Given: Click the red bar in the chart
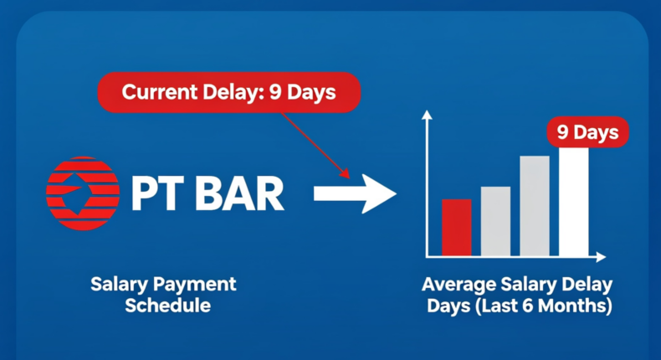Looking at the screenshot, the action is [457, 228].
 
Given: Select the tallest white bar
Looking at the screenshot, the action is [574, 202].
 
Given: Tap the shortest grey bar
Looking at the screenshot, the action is [495, 221].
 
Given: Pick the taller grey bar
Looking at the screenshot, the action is [535, 206].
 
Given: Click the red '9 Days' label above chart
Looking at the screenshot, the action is [587, 132].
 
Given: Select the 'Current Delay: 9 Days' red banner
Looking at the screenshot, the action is [229, 92].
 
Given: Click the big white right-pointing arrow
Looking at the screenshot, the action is [355, 193].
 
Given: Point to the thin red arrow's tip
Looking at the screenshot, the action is [350, 178].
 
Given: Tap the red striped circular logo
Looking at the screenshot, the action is [83, 193].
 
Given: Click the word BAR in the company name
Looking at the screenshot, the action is [239, 193].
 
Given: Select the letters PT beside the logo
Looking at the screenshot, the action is [157, 193].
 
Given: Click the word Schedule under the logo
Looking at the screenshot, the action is [168, 305].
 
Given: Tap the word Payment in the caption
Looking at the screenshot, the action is [194, 285].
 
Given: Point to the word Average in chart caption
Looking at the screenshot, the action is [459, 285].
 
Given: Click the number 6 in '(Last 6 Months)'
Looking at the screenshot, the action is [528, 306].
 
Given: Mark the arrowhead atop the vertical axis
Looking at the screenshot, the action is [427, 115].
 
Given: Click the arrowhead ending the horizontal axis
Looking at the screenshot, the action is [601, 256].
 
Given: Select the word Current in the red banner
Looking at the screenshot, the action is [160, 92].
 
